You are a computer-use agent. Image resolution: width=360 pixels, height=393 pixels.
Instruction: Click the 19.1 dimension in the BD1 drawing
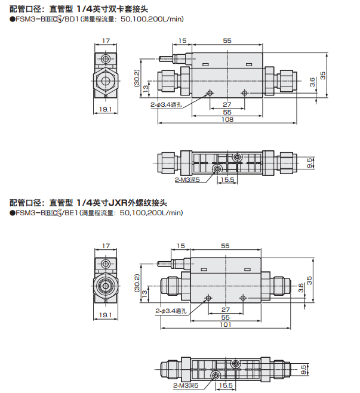(x=106, y=110)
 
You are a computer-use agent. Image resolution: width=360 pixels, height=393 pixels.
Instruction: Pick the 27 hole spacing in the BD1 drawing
(x=227, y=104)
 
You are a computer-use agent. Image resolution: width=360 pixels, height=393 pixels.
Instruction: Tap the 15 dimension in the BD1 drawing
(x=182, y=41)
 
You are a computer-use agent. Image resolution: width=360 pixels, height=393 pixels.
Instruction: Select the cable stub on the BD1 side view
(x=167, y=59)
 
